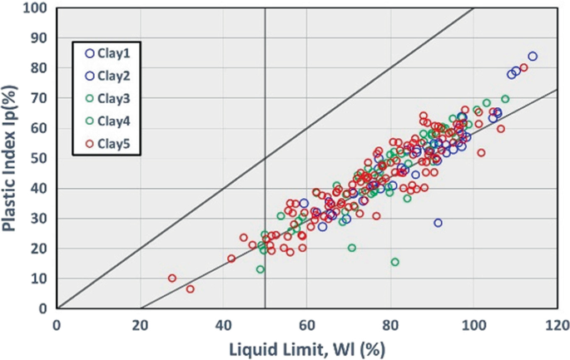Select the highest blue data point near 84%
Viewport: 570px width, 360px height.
point(533,57)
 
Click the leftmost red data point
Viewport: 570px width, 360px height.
point(172,279)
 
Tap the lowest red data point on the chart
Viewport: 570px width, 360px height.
point(190,289)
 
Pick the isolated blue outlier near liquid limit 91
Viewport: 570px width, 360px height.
point(438,223)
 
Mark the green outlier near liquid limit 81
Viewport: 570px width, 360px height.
point(394,262)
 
